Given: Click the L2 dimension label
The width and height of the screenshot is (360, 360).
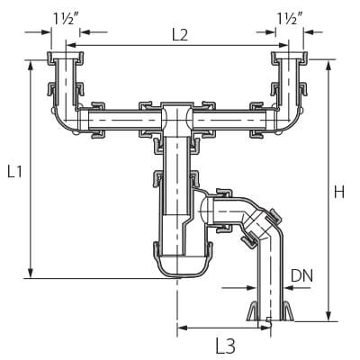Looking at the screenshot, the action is point(180,36).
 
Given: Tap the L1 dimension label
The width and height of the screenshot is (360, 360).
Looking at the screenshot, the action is point(14,172).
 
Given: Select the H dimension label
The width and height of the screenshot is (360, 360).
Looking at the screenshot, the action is point(339,192).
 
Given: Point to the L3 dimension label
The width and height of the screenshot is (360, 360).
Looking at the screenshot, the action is point(225,346).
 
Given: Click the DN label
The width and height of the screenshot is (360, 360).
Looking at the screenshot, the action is point(301,275).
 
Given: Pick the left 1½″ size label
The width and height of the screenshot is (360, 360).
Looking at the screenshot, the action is point(66,19).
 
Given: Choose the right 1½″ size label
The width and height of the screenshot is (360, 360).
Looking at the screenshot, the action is point(289,19).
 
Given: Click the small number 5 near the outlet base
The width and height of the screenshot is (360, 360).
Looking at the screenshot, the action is point(269,322).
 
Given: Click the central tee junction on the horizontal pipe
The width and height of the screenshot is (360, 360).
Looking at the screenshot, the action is point(177,120).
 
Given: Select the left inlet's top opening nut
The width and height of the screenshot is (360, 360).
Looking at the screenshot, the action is point(65,58).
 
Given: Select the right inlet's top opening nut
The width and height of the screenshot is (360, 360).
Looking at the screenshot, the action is point(290,58).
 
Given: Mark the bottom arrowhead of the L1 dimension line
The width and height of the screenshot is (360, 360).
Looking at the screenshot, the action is point(30,273).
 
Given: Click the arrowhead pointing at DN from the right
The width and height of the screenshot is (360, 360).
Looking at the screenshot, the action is point(290,288).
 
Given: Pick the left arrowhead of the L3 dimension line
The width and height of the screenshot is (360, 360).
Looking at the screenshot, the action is point(182,328).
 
